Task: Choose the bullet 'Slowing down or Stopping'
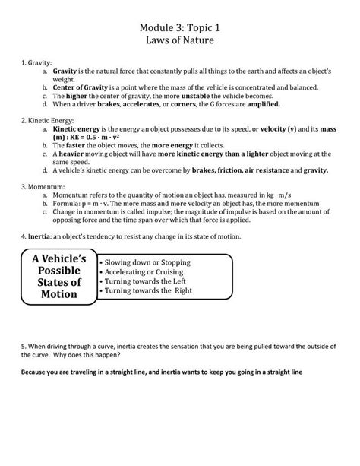tap(148, 262)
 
